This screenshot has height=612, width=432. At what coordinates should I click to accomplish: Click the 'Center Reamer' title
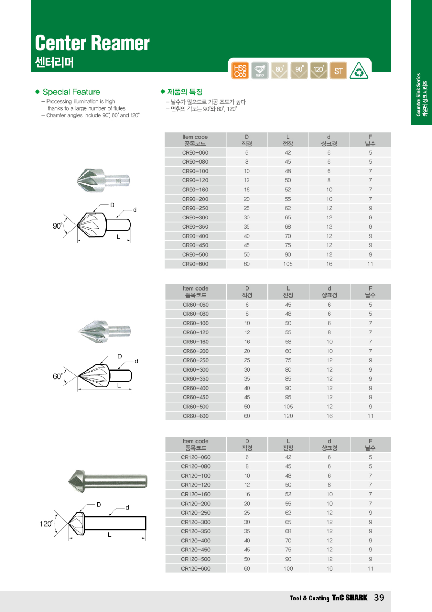click(92, 43)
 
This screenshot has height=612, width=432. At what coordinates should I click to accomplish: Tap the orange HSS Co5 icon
click(240, 71)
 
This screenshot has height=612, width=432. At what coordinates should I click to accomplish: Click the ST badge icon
click(338, 71)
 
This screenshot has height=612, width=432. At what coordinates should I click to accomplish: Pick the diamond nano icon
click(260, 70)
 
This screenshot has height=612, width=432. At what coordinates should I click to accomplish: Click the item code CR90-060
click(195, 152)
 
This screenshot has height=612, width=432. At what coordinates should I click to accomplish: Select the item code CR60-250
click(195, 360)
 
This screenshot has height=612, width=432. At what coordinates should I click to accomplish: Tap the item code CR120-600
click(195, 568)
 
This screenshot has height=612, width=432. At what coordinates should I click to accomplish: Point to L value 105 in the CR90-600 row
click(288, 264)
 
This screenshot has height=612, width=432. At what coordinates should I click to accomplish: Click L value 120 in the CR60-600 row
click(288, 416)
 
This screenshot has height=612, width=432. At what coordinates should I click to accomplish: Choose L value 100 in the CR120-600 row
click(288, 568)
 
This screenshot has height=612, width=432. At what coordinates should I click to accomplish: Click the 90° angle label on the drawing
click(57, 226)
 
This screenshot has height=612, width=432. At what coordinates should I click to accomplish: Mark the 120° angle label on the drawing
click(46, 524)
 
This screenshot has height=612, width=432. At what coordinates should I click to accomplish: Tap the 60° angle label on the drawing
click(58, 376)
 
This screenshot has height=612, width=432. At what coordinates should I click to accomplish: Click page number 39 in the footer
click(379, 598)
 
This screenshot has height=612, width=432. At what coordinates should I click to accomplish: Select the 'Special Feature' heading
click(71, 92)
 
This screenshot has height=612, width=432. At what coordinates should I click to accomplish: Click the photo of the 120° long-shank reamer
click(107, 481)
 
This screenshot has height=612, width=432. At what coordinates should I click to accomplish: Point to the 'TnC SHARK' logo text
click(349, 598)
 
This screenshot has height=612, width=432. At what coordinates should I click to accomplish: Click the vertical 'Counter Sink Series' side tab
click(422, 95)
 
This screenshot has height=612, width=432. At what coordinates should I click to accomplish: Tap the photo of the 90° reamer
click(103, 180)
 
